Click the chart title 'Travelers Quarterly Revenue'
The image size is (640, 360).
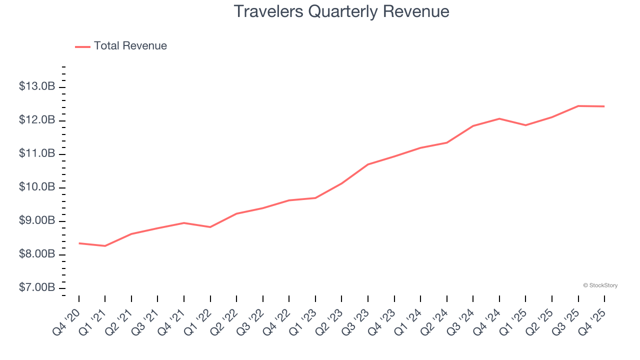pos(341,11)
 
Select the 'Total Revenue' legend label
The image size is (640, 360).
pos(130,46)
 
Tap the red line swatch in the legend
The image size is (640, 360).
pos(82,46)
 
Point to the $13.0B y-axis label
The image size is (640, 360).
pos(36,86)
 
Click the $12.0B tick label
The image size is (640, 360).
pos(36,120)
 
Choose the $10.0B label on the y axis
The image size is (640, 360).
pos(36,187)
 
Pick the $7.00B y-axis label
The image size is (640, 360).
pos(36,288)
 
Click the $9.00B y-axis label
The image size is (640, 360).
pos(36,220)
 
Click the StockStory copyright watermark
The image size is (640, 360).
pos(600,285)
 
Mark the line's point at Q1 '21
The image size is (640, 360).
pos(105,246)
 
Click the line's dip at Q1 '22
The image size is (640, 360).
pos(210,227)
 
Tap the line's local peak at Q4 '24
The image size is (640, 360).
pos(499,118)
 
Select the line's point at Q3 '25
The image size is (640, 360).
pos(578,106)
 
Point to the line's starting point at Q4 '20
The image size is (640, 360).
pos(79,243)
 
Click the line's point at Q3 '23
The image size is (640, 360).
pos(368,164)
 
